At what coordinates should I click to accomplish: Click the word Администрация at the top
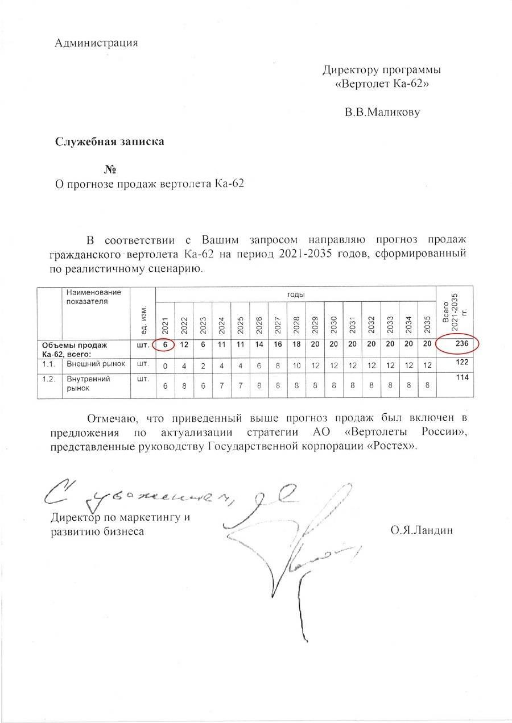[x=96, y=43]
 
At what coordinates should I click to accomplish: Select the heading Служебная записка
[x=109, y=142]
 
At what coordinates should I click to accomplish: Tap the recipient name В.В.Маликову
[x=382, y=112]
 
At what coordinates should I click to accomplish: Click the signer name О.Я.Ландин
[x=421, y=531]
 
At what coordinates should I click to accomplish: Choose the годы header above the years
[x=295, y=295]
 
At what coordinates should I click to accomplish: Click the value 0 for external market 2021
[x=165, y=366]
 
